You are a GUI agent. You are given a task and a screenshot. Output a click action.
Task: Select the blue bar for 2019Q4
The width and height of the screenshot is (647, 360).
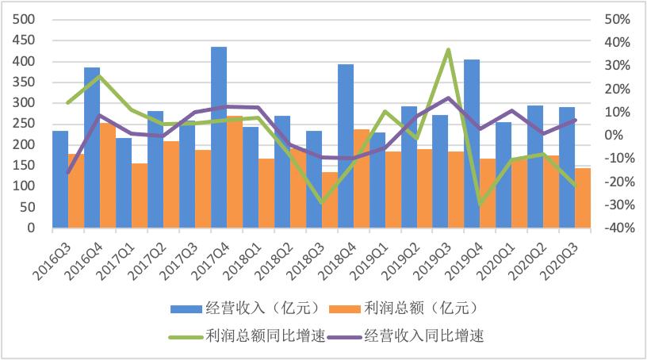(x=472, y=144)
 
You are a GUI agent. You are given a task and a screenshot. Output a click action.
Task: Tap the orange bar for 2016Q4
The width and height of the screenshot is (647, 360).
(x=108, y=175)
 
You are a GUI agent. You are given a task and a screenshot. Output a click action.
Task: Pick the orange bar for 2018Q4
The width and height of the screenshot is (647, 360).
(x=362, y=178)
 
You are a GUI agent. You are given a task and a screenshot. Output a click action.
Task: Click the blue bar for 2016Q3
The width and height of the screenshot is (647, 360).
(x=60, y=179)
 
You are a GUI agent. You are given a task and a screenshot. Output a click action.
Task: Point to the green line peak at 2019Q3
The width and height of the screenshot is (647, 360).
(x=448, y=49)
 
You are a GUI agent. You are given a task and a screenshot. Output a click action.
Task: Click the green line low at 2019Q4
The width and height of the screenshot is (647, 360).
(x=480, y=205)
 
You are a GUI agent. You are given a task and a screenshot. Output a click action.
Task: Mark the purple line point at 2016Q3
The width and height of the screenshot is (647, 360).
(x=68, y=172)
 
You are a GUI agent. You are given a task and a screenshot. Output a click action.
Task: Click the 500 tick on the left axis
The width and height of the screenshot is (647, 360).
(x=25, y=20)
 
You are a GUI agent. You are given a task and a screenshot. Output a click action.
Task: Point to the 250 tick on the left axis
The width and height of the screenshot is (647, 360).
(x=25, y=124)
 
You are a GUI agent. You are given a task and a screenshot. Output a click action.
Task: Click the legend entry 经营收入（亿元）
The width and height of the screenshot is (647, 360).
(x=255, y=308)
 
